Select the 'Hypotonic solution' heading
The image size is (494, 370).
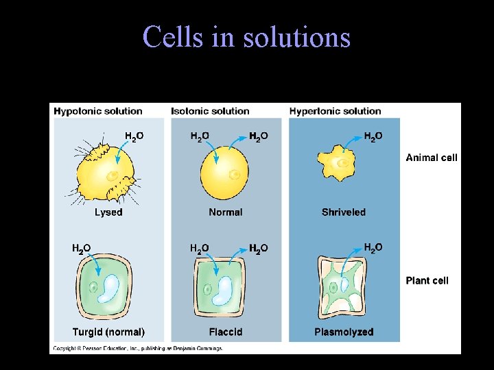pos(98,111)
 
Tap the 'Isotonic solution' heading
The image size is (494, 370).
pos(210,111)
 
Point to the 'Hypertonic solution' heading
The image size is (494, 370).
pos(335,111)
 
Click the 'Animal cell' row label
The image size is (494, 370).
pos(431,158)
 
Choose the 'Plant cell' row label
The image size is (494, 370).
pos(427,280)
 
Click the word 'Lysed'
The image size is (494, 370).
pos(108,212)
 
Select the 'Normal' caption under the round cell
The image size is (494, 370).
pos(226,212)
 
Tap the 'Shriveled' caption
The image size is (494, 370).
pos(344,212)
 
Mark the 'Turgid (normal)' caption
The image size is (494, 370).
pos(108,332)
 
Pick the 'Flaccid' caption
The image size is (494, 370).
pos(226,332)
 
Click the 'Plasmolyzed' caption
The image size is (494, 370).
pos(344,332)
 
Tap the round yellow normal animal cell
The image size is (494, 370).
pos(225,175)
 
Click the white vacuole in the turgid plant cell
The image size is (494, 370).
pos(111,288)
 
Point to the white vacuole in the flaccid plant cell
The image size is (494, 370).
pos(224,288)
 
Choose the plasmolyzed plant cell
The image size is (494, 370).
pos(343,288)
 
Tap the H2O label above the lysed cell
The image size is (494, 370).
pos(134,136)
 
